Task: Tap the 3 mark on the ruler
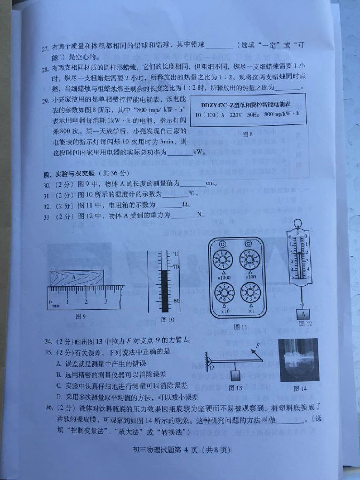106,301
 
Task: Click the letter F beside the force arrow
257,347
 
